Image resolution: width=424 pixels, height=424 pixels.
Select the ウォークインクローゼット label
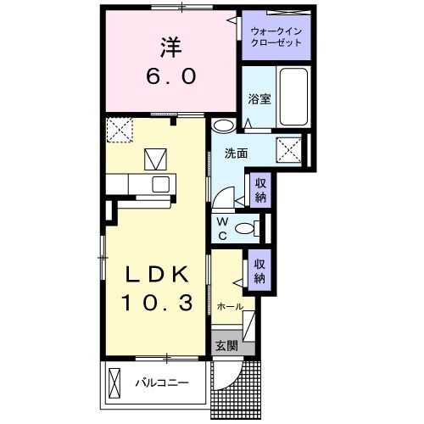click(x=276, y=37)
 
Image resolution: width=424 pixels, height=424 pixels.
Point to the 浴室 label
click(x=258, y=98)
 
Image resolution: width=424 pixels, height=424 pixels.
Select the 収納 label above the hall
click(x=260, y=271)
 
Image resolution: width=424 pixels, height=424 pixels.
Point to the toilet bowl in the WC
click(x=246, y=226)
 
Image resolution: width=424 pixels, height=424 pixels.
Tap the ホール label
click(x=230, y=306)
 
